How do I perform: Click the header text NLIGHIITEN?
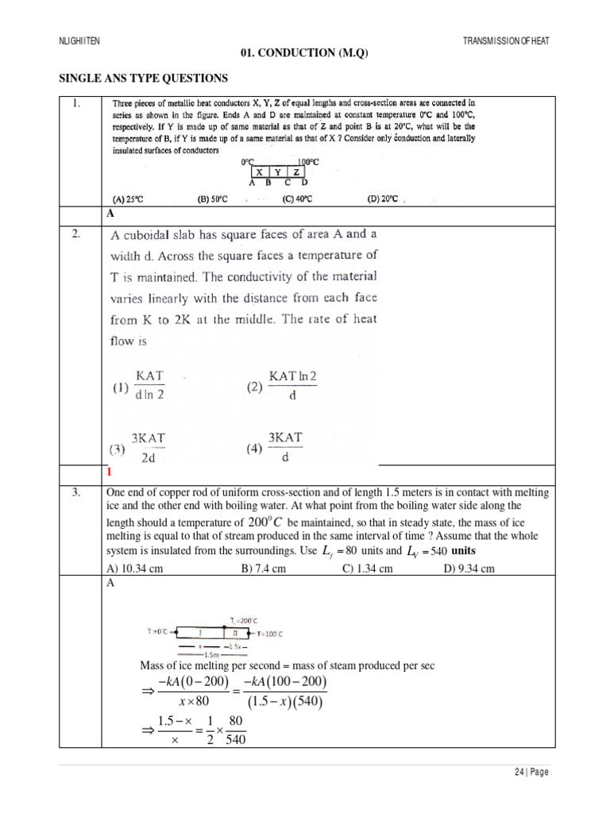coord(79,40)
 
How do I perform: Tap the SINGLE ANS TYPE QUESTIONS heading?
coord(143,78)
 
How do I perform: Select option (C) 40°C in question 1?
coord(297,198)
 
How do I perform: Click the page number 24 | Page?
coord(531,772)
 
